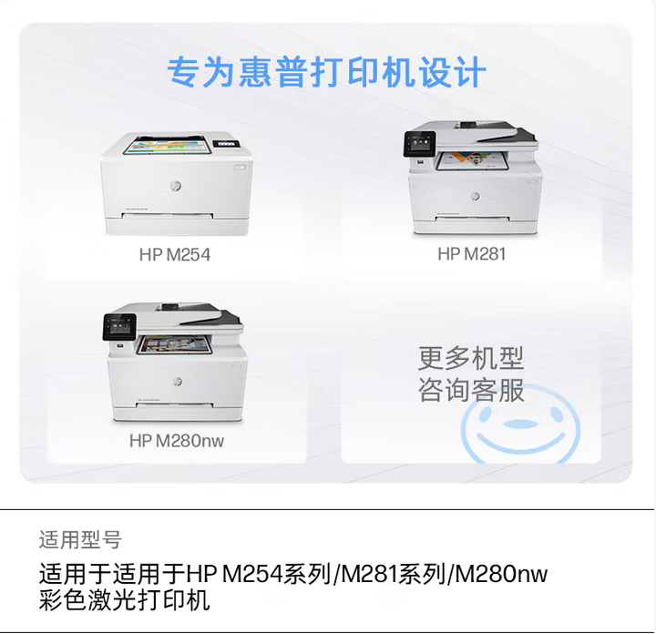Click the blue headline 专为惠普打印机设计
tap(326, 72)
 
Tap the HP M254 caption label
tap(175, 255)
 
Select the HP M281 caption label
tap(472, 254)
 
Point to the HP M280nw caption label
tap(177, 440)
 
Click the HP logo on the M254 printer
tap(176, 186)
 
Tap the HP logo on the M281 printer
tap(475, 196)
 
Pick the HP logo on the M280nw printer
tap(178, 382)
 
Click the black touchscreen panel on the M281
tap(420, 144)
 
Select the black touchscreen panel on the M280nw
tap(119, 327)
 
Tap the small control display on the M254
tap(226, 143)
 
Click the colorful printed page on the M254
tap(168, 146)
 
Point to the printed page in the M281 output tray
tap(472, 160)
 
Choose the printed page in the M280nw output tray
tap(174, 344)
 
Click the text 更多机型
tap(471, 358)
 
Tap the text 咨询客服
tap(471, 390)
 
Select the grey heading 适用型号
tap(80, 539)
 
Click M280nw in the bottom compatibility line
tap(501, 574)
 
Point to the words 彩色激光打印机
tap(124, 600)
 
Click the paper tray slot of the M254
tap(168, 216)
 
